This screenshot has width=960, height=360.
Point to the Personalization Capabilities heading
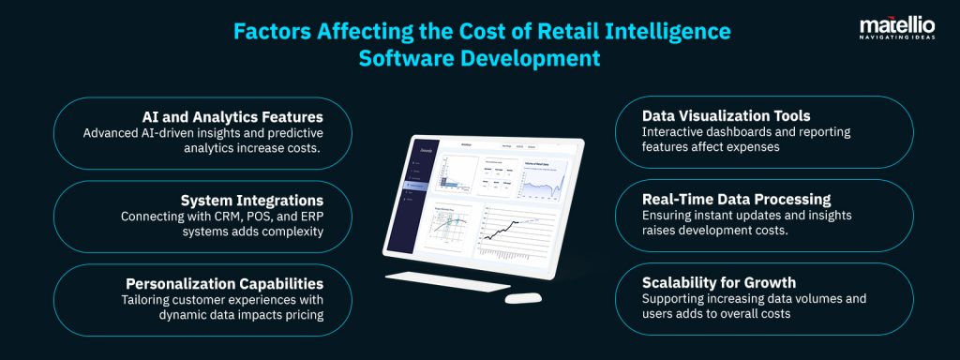pyautogui.click(x=225, y=283)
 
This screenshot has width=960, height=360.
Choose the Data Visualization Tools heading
pyautogui.click(x=712, y=116)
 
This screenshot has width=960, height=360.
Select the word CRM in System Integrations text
pyautogui.click(x=230, y=217)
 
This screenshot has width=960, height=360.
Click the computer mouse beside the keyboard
pyautogui.click(x=522, y=299)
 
